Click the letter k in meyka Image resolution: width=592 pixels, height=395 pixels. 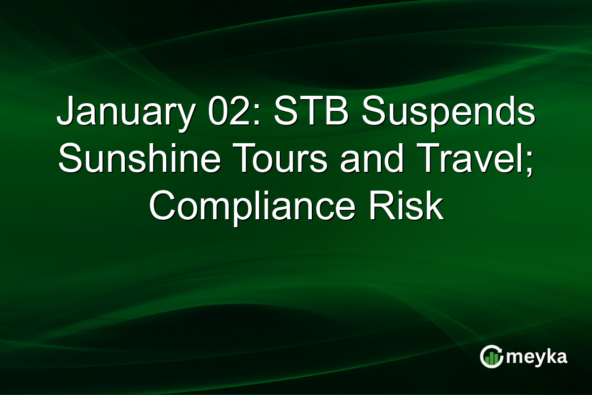[x=549, y=356]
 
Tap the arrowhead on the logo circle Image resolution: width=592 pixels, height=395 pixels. [x=500, y=349]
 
